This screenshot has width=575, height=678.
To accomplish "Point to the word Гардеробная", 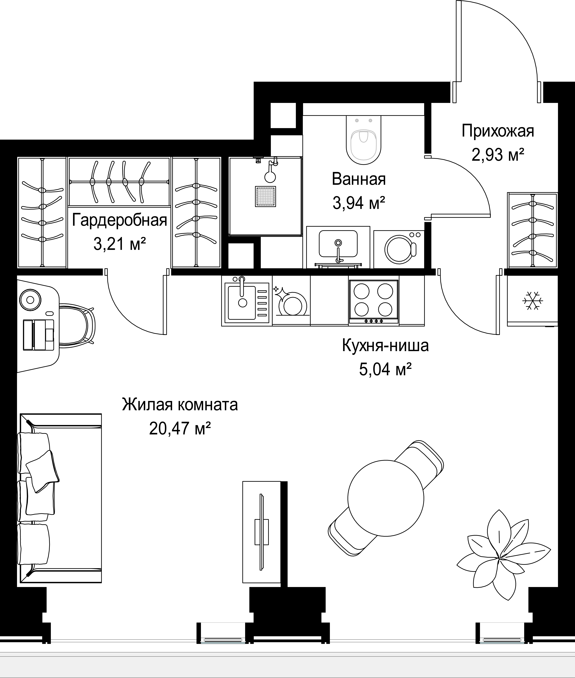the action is click(119, 221).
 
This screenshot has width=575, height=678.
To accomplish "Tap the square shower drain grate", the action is click(265, 196).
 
